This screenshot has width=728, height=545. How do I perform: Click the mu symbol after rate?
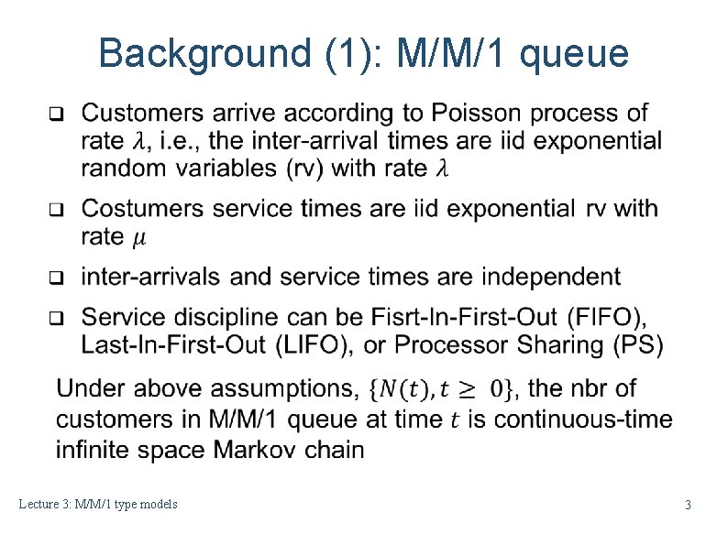[138, 238]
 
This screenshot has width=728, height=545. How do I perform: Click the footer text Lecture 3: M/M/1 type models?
[97, 505]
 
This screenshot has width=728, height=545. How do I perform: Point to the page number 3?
[688, 506]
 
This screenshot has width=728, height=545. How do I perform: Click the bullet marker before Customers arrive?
[54, 115]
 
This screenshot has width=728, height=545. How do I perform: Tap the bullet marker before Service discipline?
[54, 319]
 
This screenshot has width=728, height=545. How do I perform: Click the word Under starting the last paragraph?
[92, 389]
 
